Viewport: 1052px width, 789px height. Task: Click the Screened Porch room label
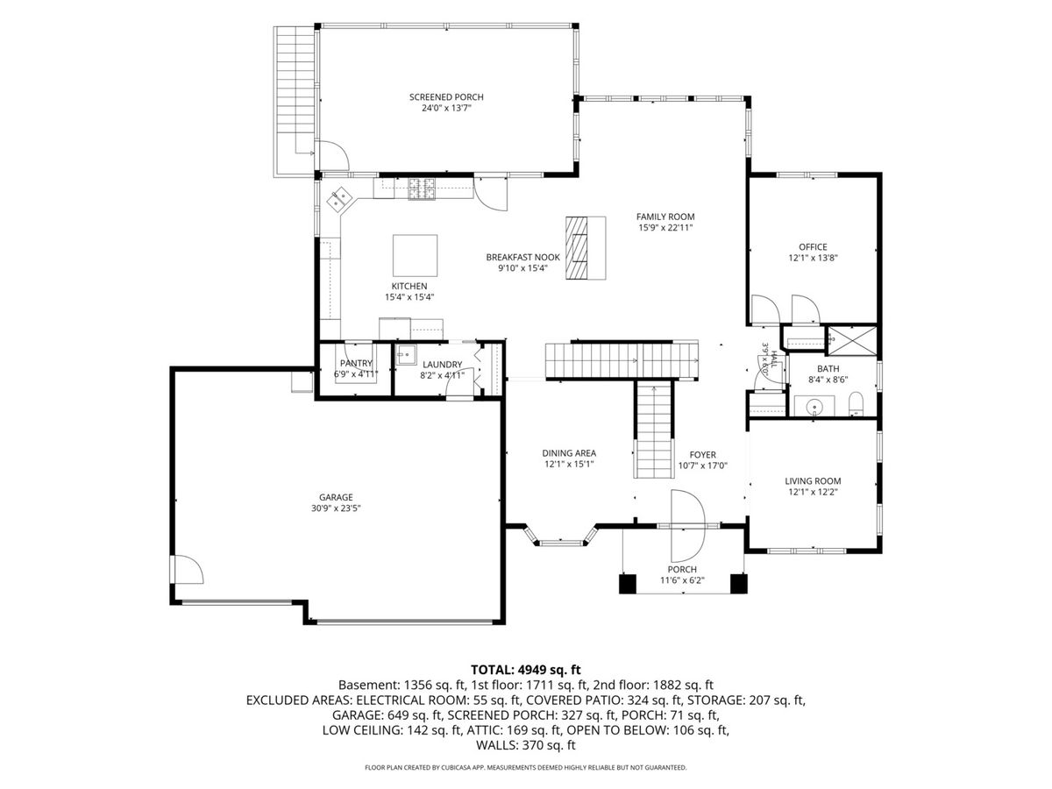[445, 97]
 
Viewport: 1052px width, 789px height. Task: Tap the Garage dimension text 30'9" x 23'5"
[336, 508]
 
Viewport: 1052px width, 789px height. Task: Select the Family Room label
[665, 217]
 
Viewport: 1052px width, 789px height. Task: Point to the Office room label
[813, 247]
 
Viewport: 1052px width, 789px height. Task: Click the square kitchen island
[415, 255]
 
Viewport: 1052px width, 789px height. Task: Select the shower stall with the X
[852, 341]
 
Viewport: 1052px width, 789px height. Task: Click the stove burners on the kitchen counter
[422, 188]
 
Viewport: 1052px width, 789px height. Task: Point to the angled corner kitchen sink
[339, 200]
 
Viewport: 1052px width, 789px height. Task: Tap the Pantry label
[356, 364]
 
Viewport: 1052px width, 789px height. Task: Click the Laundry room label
[443, 365]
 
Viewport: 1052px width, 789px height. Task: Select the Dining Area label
[569, 453]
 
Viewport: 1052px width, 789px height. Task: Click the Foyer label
[702, 455]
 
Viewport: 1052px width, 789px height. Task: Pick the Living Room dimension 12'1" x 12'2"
[813, 492]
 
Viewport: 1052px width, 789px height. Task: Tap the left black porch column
[628, 584]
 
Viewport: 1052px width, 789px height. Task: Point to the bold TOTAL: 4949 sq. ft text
[526, 669]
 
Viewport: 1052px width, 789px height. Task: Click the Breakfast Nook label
[522, 257]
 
